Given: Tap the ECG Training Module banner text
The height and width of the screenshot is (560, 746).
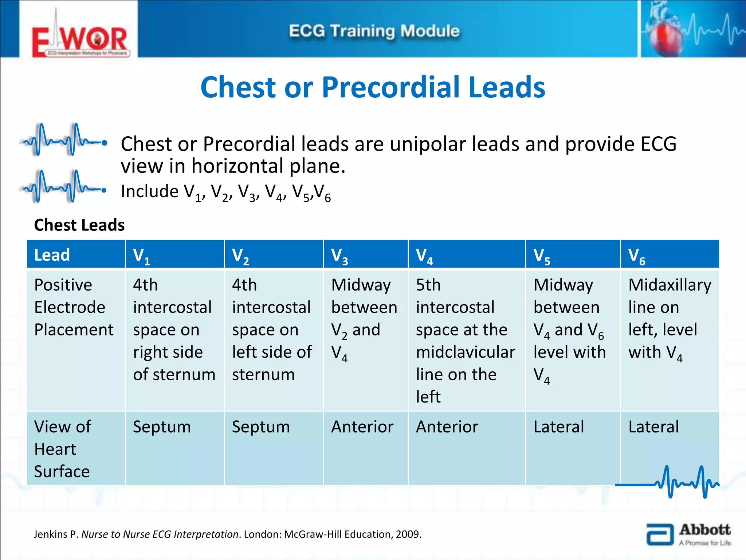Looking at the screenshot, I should pyautogui.click(x=374, y=31).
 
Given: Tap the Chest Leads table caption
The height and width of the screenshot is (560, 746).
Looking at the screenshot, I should pyautogui.click(x=79, y=225).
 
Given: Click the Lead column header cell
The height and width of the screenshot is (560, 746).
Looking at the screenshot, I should pyautogui.click(x=76, y=255).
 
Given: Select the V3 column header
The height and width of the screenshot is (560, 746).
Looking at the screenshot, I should pyautogui.click(x=365, y=255).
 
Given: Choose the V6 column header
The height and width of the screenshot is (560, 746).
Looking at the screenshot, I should pyautogui.click(x=670, y=255).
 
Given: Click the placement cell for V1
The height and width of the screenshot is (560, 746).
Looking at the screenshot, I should pyautogui.click(x=174, y=330).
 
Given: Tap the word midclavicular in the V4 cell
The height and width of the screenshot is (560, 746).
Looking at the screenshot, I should pyautogui.click(x=465, y=352).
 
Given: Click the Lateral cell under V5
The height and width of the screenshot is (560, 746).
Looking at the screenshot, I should pyautogui.click(x=559, y=427).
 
